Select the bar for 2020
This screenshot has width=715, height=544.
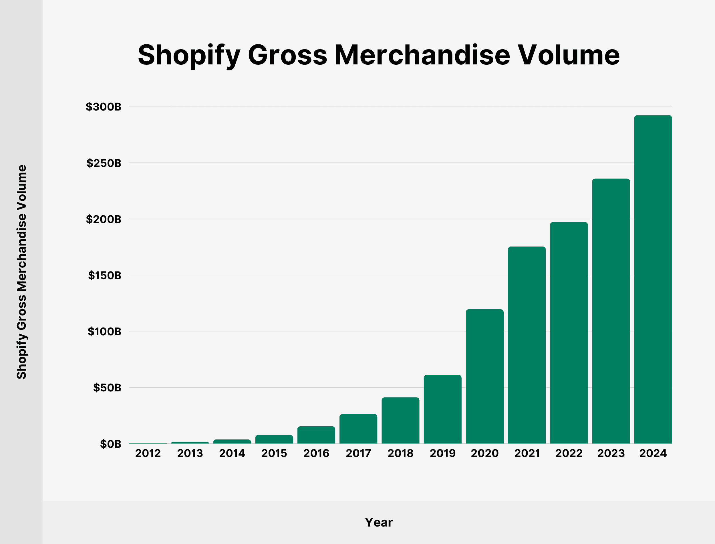[484, 376]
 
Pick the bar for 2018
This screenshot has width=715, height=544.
[400, 420]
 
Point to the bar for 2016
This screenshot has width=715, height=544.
[316, 435]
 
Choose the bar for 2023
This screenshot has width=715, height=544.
[611, 311]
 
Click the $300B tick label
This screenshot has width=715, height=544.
[104, 107]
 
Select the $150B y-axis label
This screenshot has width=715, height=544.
[104, 275]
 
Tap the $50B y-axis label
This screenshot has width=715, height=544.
[107, 388]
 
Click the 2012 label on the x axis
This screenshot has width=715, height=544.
[148, 453]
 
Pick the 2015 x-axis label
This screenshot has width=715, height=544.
[274, 453]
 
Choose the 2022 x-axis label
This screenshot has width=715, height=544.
[569, 453]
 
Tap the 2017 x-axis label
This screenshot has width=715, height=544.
[358, 453]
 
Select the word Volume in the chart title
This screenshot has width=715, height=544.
[569, 55]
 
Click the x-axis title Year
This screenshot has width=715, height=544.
[379, 522]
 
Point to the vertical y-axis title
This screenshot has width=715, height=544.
[22, 272]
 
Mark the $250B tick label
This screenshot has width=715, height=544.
[104, 163]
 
